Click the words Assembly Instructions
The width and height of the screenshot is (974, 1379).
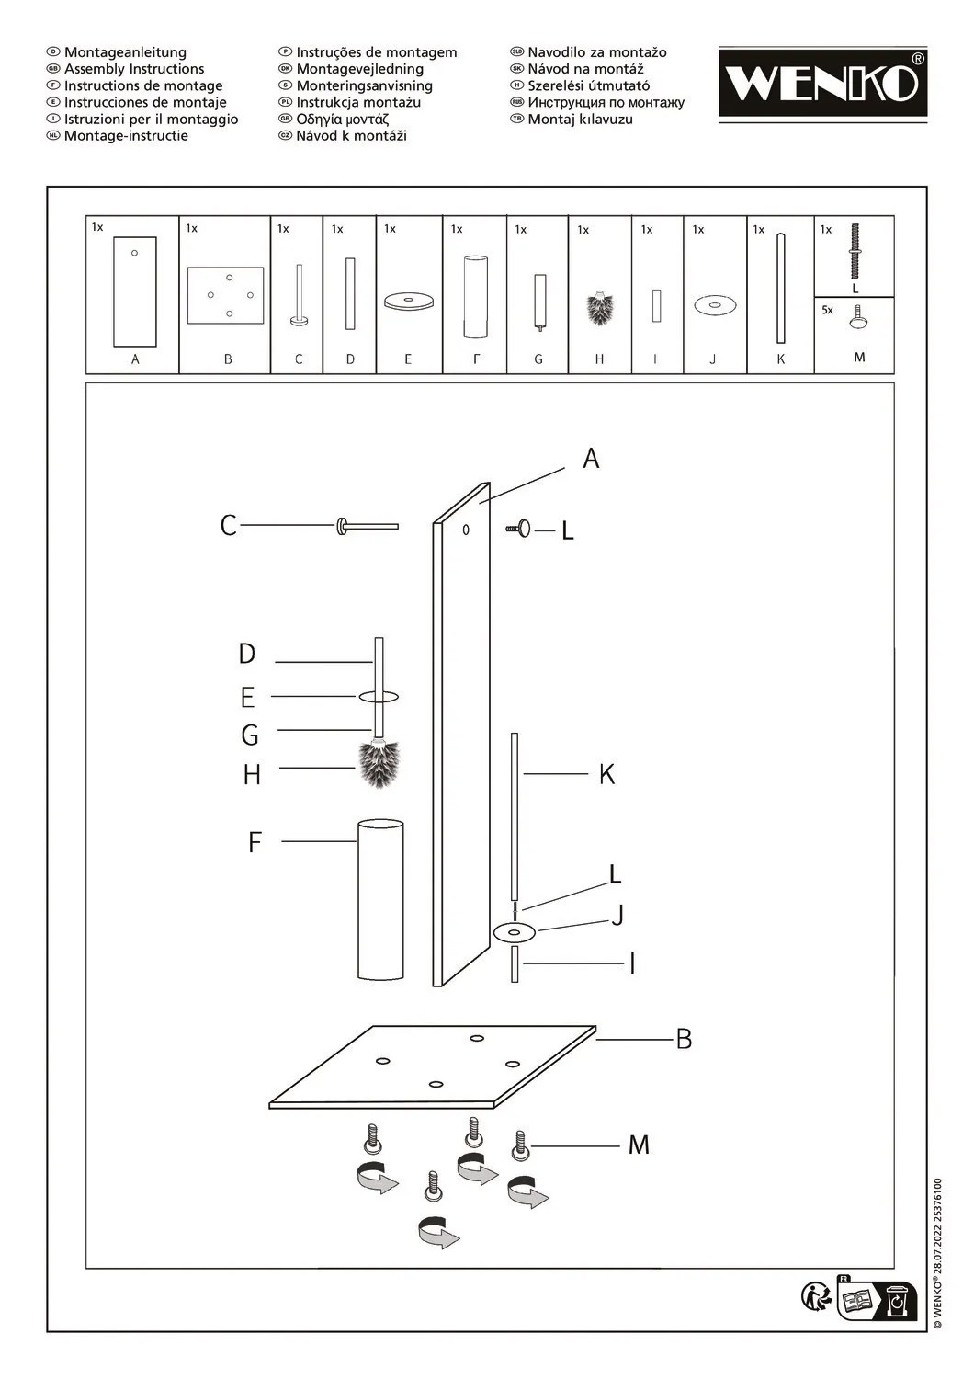point(134,69)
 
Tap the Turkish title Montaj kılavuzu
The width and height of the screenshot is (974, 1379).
point(580,120)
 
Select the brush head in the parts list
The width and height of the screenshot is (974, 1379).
point(600,308)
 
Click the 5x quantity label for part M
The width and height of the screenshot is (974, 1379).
point(827,311)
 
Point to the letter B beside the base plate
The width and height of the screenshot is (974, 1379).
point(684,1039)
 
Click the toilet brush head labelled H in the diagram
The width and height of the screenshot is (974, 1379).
point(379,765)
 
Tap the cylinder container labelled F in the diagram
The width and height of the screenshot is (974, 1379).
point(379,901)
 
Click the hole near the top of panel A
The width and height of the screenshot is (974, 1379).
point(466,530)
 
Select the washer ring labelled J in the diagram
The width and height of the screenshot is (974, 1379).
point(515,932)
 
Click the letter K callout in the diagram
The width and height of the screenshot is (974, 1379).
point(606,774)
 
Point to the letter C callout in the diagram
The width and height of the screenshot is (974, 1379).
point(229,526)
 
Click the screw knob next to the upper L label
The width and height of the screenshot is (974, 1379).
point(521,529)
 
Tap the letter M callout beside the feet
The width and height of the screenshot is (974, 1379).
point(639,1145)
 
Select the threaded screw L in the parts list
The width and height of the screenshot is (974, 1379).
point(855,251)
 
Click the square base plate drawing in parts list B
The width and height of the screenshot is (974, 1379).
point(225,295)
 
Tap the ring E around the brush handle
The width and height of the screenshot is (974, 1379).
point(379,697)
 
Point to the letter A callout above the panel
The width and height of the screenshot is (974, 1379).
point(591,458)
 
